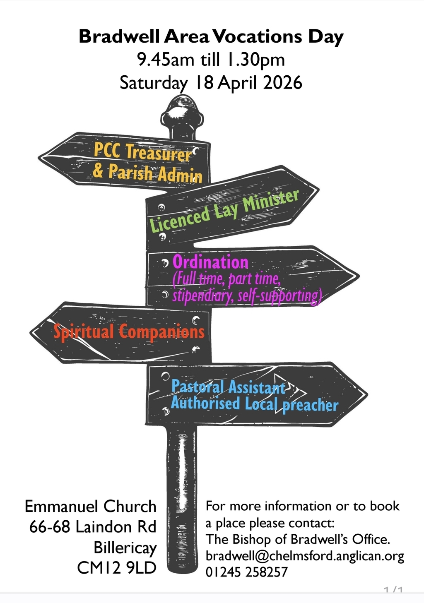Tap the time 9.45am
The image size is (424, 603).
[x=166, y=60]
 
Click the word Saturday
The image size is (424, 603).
[x=153, y=83]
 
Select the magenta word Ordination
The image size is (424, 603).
[x=210, y=262]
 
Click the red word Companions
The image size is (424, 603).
[x=162, y=332]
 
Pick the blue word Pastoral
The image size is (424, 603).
[x=198, y=387]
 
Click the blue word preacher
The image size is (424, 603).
[x=310, y=405]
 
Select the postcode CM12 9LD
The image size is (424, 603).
[x=117, y=568]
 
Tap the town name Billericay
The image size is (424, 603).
[x=125, y=548]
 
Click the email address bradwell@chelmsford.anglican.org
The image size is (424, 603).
[x=305, y=556]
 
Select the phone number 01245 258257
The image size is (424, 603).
[x=246, y=572]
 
